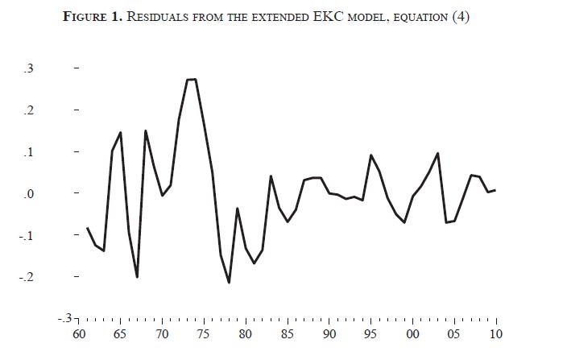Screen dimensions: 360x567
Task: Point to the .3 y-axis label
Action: pos(29,68)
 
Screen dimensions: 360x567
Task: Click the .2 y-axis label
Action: pos(29,110)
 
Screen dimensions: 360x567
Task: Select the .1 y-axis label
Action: pos(29,152)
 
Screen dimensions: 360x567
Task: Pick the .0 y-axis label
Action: pos(29,194)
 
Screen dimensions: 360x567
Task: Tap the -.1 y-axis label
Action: pos(27,236)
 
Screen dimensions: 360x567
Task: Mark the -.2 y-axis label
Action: pos(27,278)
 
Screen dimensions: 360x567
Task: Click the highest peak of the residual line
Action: pos(192,79)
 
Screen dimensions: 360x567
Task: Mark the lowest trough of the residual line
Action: pos(229,283)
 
